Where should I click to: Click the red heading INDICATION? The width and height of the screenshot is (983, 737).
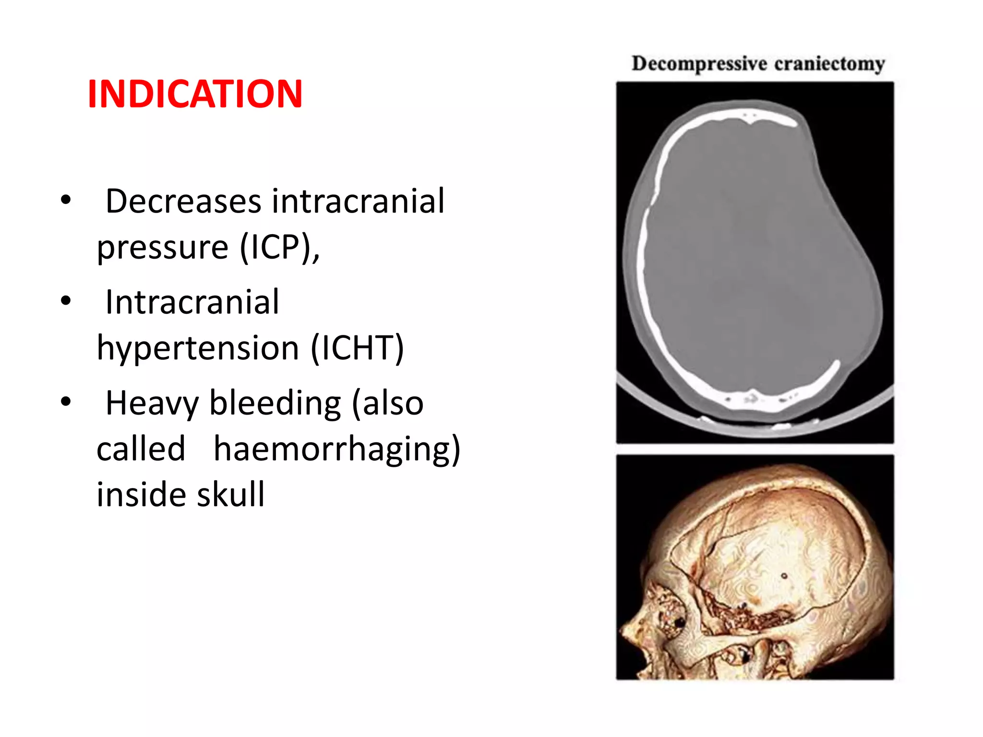pos(195,94)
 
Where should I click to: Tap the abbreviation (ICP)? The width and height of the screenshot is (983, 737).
pos(280,248)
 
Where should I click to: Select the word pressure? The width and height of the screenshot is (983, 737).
pos(162,248)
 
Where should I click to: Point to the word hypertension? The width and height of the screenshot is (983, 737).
pos(198,348)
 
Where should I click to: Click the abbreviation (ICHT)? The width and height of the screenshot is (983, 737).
pos(358,348)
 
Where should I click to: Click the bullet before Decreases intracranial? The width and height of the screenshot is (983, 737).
pos(66,200)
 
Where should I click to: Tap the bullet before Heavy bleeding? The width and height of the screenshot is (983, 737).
pos(66,402)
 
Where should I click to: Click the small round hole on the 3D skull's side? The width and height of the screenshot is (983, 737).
pos(784,575)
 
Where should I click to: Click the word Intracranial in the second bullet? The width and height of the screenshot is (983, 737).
pos(192,303)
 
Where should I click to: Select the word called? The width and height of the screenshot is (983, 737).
pos(141,449)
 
